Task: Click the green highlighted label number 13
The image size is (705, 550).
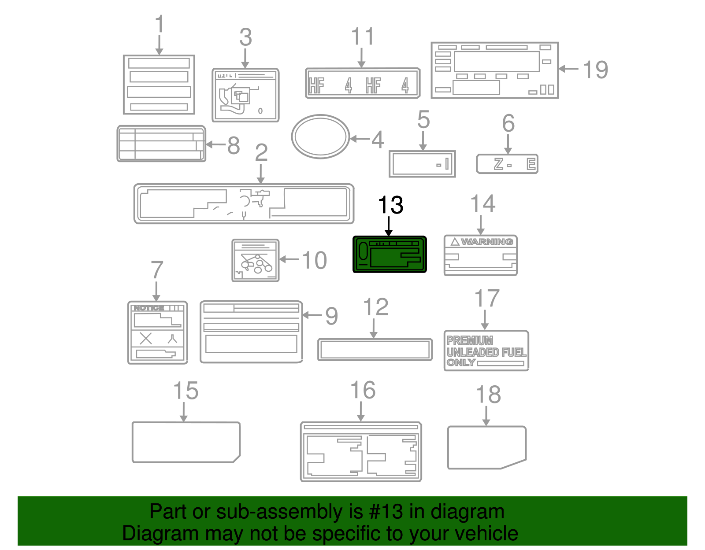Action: coord(390,255)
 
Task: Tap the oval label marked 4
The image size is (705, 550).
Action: coord(320,137)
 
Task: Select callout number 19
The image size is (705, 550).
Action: coord(595,70)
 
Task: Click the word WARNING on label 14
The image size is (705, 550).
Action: coord(487,242)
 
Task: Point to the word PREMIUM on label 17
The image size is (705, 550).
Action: coord(470,340)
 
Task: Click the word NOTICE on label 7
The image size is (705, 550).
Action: coord(149,308)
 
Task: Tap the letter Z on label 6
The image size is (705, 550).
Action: coord(498,164)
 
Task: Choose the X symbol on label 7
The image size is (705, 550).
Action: coord(145,338)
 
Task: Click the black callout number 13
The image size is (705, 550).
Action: coord(390,205)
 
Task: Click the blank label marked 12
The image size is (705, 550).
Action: coord(375,350)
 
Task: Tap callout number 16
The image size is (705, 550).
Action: coord(363,390)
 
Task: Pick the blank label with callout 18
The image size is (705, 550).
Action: coord(486,447)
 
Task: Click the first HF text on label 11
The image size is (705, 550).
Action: coord(316,85)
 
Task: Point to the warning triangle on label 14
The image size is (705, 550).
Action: coord(455,242)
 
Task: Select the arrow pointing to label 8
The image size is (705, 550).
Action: coord(215,144)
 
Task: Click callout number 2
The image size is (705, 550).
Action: coord(261,153)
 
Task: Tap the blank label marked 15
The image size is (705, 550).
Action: coord(186,442)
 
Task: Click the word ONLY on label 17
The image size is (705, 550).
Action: coord(460,362)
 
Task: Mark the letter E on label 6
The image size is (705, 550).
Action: coord(531,164)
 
